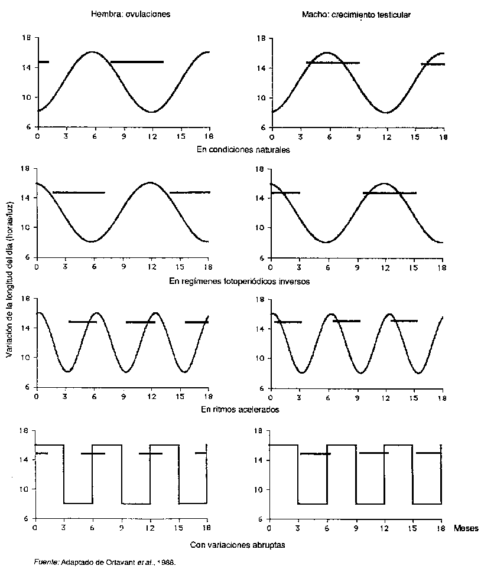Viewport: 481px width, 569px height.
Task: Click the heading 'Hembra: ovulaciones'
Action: pos(131,15)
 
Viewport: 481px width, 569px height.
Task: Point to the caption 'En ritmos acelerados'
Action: pos(240,409)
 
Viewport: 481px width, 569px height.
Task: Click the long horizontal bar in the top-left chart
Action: pos(136,61)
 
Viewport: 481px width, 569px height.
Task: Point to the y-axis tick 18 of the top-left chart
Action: pos(27,38)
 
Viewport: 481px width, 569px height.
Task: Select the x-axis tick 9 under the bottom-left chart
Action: pos(121,527)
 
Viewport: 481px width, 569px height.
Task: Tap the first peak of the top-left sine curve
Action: pos(92,52)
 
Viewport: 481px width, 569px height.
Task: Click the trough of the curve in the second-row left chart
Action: pos(92,241)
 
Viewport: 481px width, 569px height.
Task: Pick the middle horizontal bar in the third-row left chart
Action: pos(141,322)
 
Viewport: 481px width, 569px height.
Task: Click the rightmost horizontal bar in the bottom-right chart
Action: pos(428,453)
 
